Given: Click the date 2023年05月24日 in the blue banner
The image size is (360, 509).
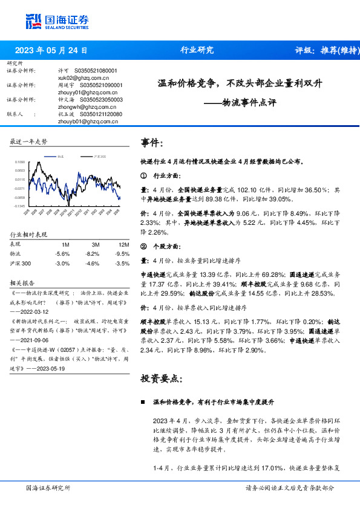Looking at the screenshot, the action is (x=51, y=50).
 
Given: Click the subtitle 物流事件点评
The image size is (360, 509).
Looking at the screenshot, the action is (x=249, y=103).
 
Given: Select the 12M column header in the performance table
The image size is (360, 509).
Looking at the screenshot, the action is (x=124, y=244).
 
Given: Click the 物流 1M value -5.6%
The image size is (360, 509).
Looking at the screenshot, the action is (x=62, y=254).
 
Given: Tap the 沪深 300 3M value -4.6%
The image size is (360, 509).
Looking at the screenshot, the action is (x=92, y=264).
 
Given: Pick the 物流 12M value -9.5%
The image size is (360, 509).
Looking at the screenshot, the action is (x=122, y=254).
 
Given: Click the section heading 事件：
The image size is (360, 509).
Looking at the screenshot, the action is (x=152, y=143).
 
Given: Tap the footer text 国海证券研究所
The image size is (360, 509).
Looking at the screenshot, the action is (x=48, y=487).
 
